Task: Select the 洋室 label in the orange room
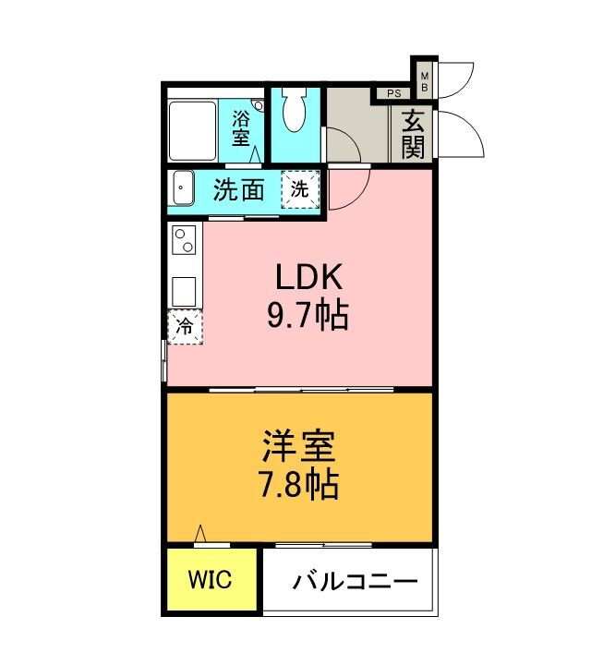[296, 447]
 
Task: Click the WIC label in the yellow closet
[211, 580]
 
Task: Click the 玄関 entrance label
[413, 135]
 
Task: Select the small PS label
[393, 93]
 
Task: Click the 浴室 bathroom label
[241, 127]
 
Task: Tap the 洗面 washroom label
[239, 190]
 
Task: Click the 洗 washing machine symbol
[300, 189]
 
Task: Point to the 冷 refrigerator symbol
[185, 325]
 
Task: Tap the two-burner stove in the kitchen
[185, 242]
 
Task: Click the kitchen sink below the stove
[185, 290]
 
